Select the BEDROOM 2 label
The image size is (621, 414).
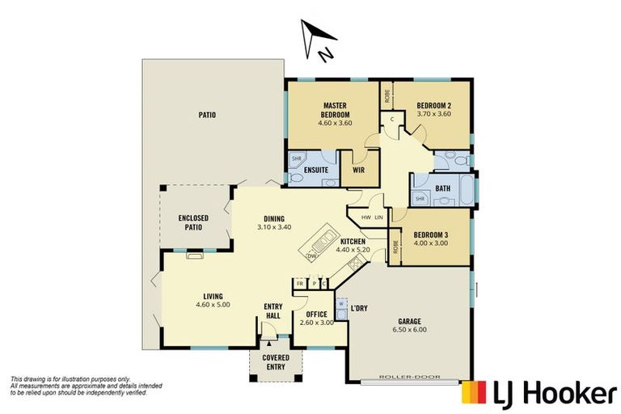point(433,105)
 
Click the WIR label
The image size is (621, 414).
point(355,171)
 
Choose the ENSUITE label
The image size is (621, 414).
point(316,171)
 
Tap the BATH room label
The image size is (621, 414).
point(442,189)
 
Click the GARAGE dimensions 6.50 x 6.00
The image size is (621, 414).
point(409,330)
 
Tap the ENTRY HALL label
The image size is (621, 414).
point(272,311)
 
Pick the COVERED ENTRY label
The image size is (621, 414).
point(276,363)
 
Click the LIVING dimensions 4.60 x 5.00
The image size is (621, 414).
point(213,304)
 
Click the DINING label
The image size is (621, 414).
point(273,218)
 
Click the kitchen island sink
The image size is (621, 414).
point(325,239)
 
